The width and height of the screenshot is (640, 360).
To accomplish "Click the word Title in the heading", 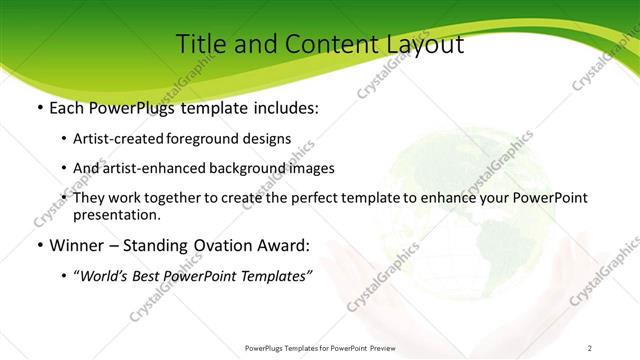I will point(200,44).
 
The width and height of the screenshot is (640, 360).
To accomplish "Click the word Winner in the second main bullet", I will point(79,244).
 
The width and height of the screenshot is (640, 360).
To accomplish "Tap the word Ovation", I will point(229,244).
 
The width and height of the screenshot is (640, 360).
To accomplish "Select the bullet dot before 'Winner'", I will point(39,244).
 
